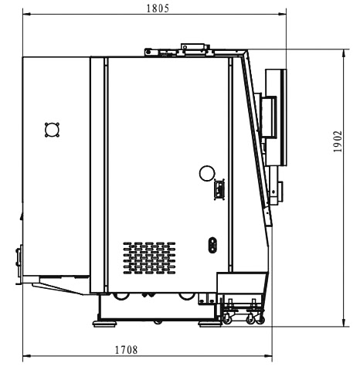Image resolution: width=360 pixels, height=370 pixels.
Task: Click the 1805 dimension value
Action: (158, 8)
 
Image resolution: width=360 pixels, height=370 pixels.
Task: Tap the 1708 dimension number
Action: (126, 350)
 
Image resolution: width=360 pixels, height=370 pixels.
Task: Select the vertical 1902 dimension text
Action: (338, 141)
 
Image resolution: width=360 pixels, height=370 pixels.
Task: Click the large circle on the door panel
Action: (207, 173)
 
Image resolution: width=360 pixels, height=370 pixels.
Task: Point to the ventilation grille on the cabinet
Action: (149, 258)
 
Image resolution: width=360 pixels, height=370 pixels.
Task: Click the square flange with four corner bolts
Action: (53, 130)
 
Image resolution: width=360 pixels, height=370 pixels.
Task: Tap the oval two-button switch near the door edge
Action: (212, 245)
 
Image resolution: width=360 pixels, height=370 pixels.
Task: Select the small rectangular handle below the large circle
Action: (219, 189)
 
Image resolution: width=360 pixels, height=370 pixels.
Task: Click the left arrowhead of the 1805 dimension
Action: (26, 15)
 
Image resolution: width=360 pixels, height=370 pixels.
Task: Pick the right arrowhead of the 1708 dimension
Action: (268, 356)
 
